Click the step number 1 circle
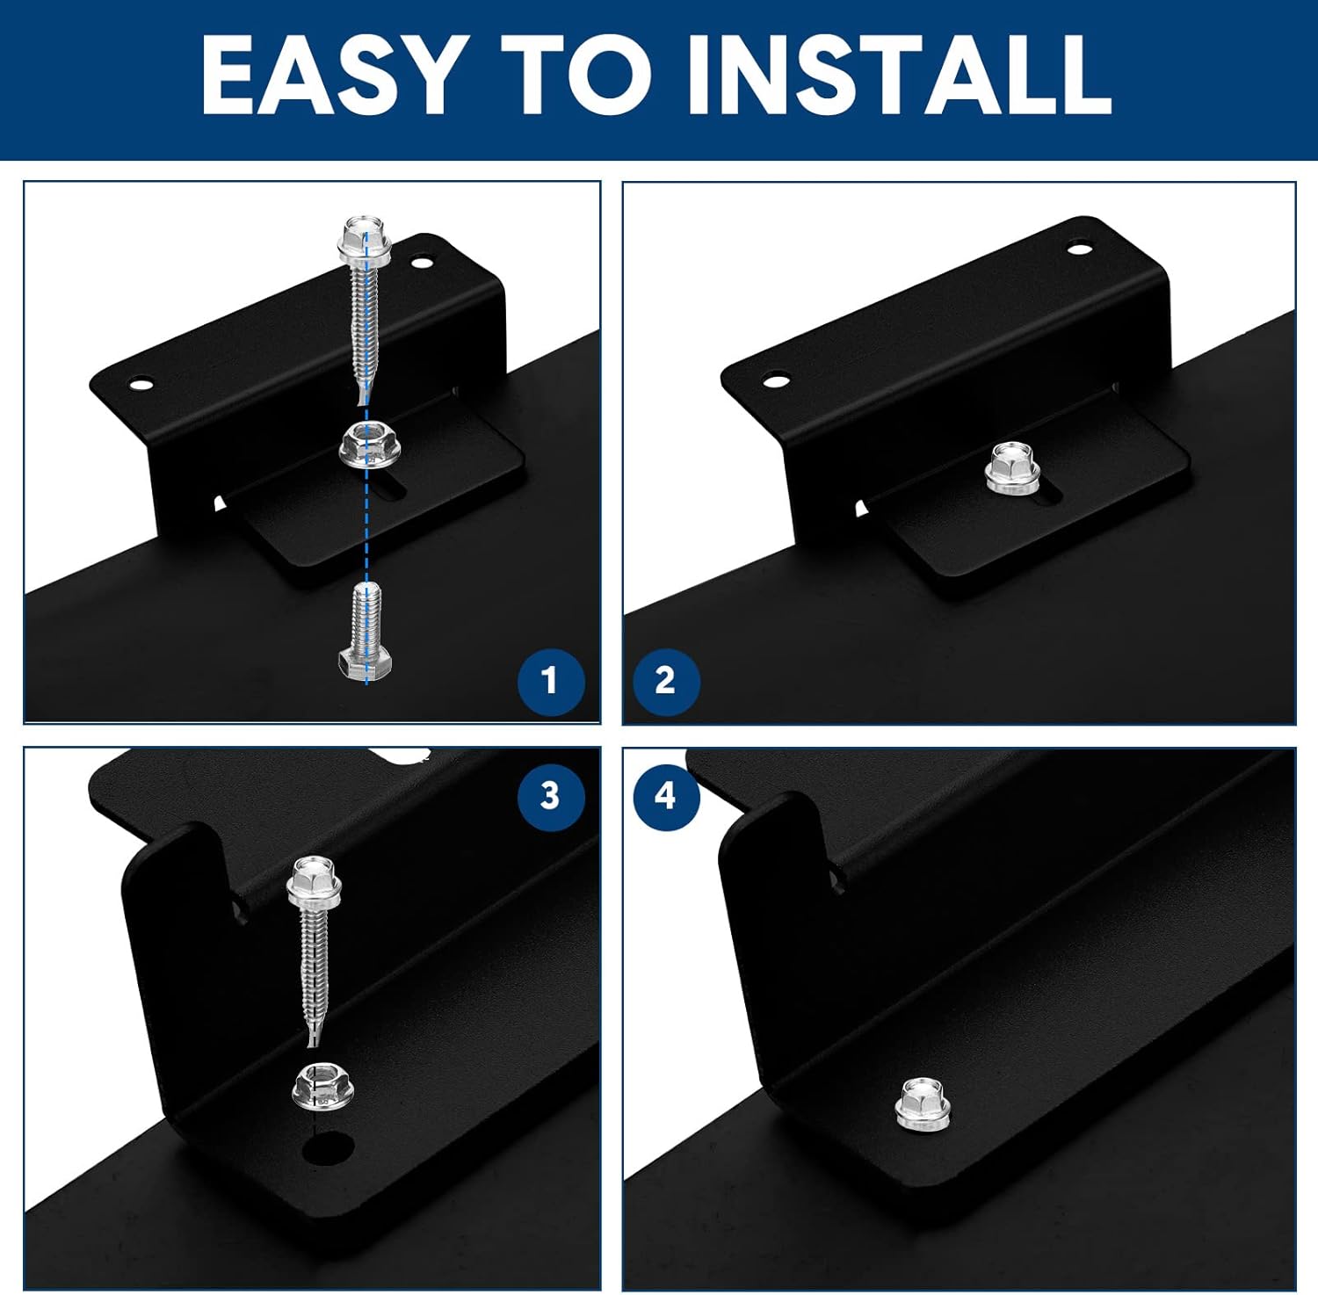[550, 681]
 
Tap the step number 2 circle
[665, 681]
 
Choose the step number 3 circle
[550, 796]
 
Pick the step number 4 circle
[665, 796]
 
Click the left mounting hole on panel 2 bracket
[774, 381]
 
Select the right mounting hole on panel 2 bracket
[1079, 249]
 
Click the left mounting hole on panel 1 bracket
[139, 384]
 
